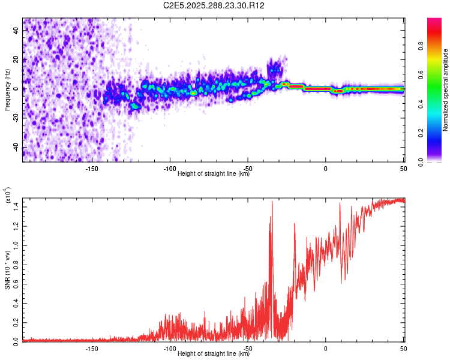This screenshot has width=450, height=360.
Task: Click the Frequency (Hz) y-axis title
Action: pyautogui.click(x=7, y=89)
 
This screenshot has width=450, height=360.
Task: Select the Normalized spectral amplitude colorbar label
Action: pyautogui.click(x=445, y=90)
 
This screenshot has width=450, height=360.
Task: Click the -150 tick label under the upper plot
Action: pyautogui.click(x=92, y=169)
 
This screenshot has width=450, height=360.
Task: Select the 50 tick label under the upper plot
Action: pyautogui.click(x=403, y=169)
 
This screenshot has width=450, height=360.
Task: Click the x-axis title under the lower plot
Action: pyautogui.click(x=214, y=354)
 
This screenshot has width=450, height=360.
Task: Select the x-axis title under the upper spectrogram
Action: pyautogui.click(x=214, y=174)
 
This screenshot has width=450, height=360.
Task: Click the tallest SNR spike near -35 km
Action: pyautogui.click(x=272, y=202)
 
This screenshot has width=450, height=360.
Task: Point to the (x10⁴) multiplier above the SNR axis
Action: pyautogui.click(x=8, y=196)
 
